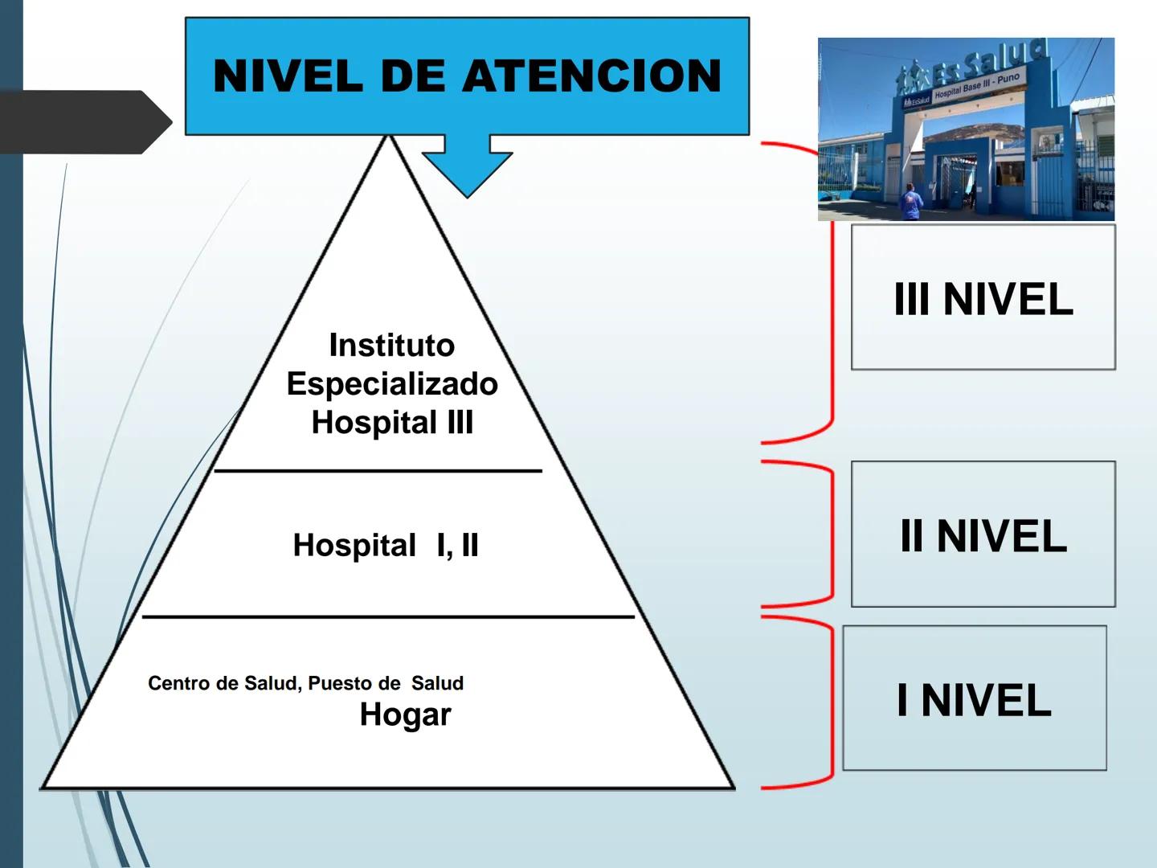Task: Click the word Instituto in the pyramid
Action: (x=392, y=346)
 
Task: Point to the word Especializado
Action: (x=392, y=384)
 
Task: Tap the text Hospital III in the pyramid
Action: (x=392, y=423)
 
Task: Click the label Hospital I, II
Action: (x=386, y=546)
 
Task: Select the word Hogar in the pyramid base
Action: (x=405, y=714)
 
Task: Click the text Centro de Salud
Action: (x=223, y=684)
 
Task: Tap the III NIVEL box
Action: (x=983, y=298)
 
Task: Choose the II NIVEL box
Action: (x=983, y=534)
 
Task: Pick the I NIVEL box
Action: (x=974, y=698)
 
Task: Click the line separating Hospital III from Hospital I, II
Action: (x=378, y=471)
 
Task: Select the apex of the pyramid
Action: (x=390, y=138)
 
